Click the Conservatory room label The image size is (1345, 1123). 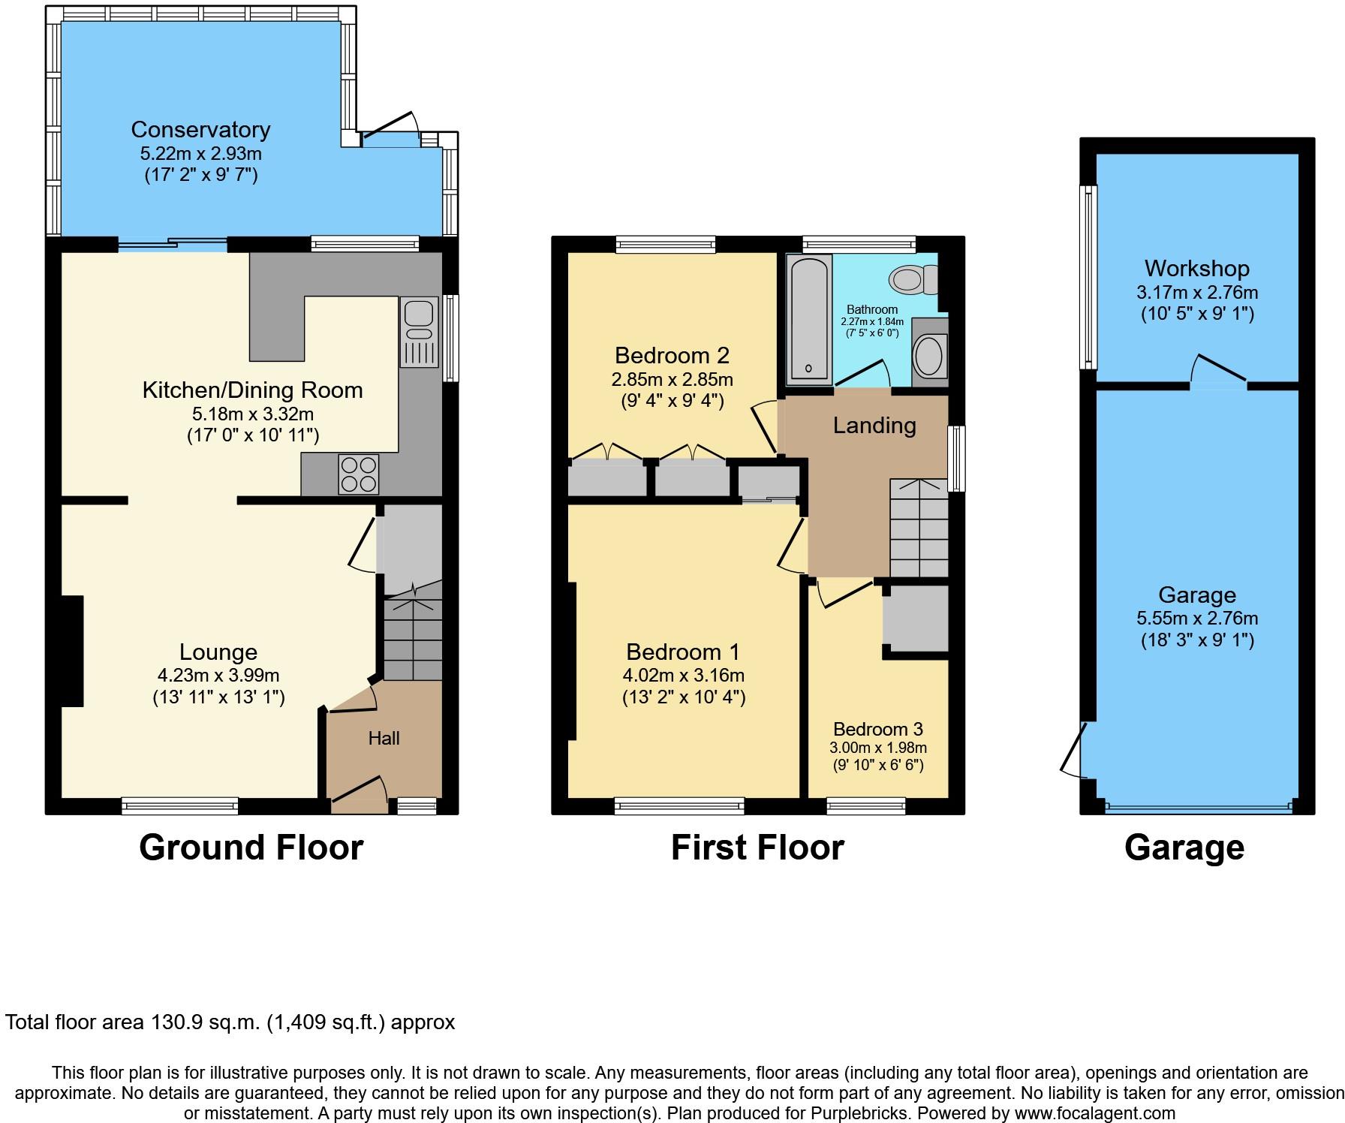[x=200, y=129]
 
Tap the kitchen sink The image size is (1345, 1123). [x=419, y=333]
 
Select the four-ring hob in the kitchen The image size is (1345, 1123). [x=358, y=474]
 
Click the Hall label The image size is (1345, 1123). [x=384, y=739]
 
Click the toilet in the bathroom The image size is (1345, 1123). [x=914, y=280]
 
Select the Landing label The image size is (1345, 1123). [x=874, y=426]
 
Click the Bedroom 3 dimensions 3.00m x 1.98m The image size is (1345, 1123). [x=878, y=748]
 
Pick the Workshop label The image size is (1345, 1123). [x=1197, y=268]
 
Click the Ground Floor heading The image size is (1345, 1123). [x=251, y=848]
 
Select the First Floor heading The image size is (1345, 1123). [x=757, y=848]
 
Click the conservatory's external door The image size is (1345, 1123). [x=390, y=125]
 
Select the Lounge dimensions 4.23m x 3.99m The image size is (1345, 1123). [x=218, y=676]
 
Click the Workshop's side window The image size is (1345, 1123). [x=1088, y=277]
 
